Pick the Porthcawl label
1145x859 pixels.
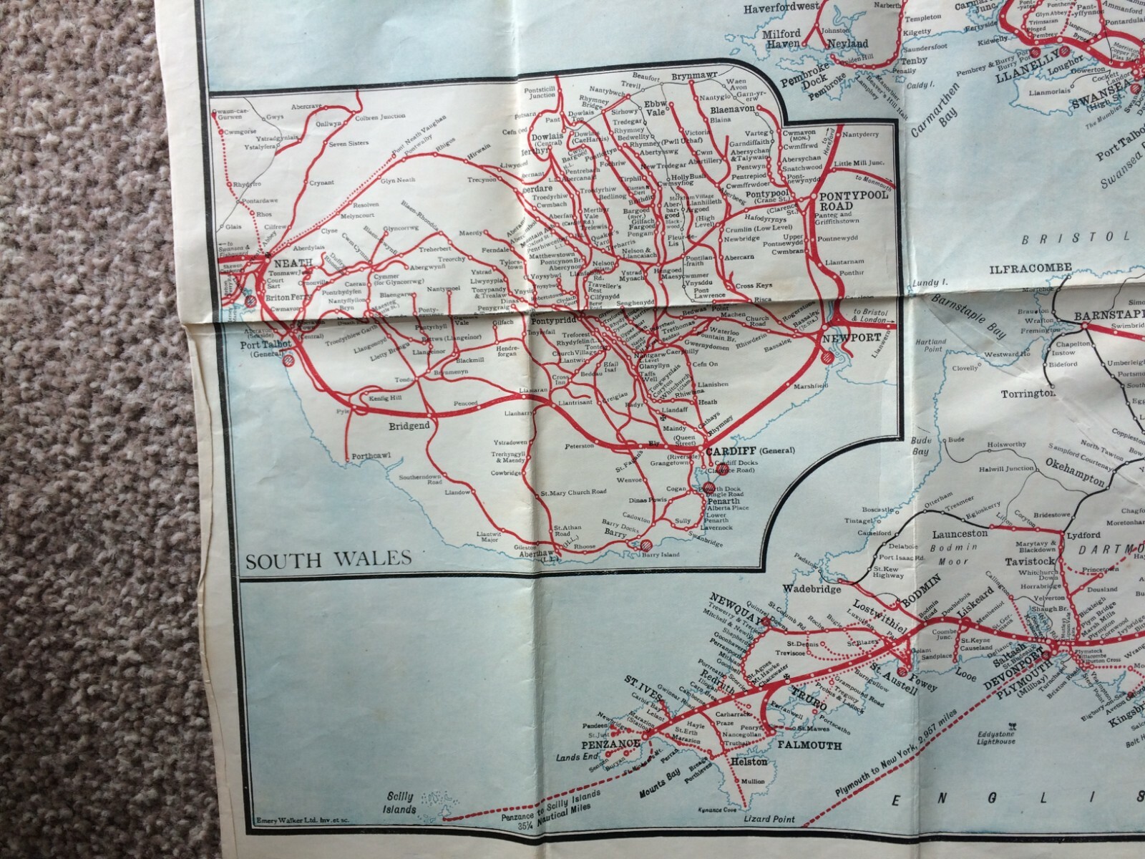pos(370,457)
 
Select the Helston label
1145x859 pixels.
pos(749,761)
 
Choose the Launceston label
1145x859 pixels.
pos(960,533)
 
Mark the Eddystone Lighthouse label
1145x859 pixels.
pos(994,737)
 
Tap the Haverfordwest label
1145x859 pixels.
pos(781,9)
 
